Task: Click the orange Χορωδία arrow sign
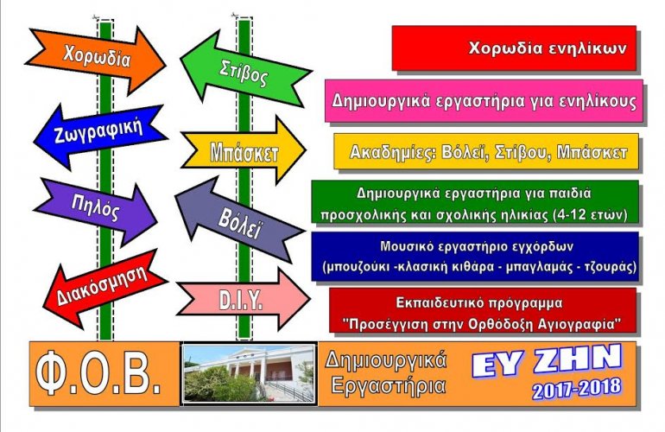point(96,58)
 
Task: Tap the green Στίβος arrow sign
point(245,70)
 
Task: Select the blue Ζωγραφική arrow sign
point(99,134)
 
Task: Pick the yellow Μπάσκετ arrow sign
point(243,150)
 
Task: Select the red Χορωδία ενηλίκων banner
point(514,48)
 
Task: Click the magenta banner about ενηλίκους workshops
point(484,101)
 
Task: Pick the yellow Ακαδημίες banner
point(486,151)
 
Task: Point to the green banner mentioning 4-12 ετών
point(475,202)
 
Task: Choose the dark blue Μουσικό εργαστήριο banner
point(475,257)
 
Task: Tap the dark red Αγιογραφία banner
point(483,310)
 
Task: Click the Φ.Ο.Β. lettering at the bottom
point(99,373)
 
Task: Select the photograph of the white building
point(250,373)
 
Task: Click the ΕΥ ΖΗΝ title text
point(547,360)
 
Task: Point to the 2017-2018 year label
point(577,388)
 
